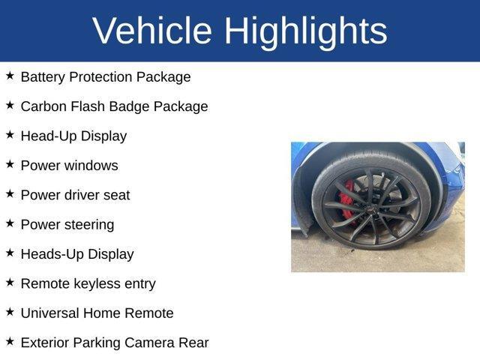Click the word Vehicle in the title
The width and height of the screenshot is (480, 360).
[152, 31]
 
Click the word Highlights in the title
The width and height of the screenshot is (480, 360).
[305, 31]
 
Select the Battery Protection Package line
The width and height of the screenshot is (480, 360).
[106, 77]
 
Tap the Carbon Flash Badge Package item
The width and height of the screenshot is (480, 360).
[114, 106]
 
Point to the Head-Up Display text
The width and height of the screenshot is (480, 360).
[73, 136]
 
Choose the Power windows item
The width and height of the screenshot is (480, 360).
[69, 166]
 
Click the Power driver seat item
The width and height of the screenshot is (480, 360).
[75, 195]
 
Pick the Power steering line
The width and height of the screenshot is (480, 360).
[67, 224]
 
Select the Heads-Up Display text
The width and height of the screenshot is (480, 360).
[77, 254]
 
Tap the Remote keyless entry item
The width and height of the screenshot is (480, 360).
[88, 283]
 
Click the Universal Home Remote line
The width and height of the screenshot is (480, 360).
[97, 313]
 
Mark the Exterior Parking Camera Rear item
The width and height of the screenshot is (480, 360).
[114, 343]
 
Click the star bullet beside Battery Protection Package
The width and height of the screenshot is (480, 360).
[10, 76]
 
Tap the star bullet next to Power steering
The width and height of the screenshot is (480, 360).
[10, 223]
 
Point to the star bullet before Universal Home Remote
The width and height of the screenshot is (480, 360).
[10, 311]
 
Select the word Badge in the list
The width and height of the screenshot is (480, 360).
[129, 106]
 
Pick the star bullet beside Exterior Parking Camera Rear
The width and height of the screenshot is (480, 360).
[10, 340]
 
